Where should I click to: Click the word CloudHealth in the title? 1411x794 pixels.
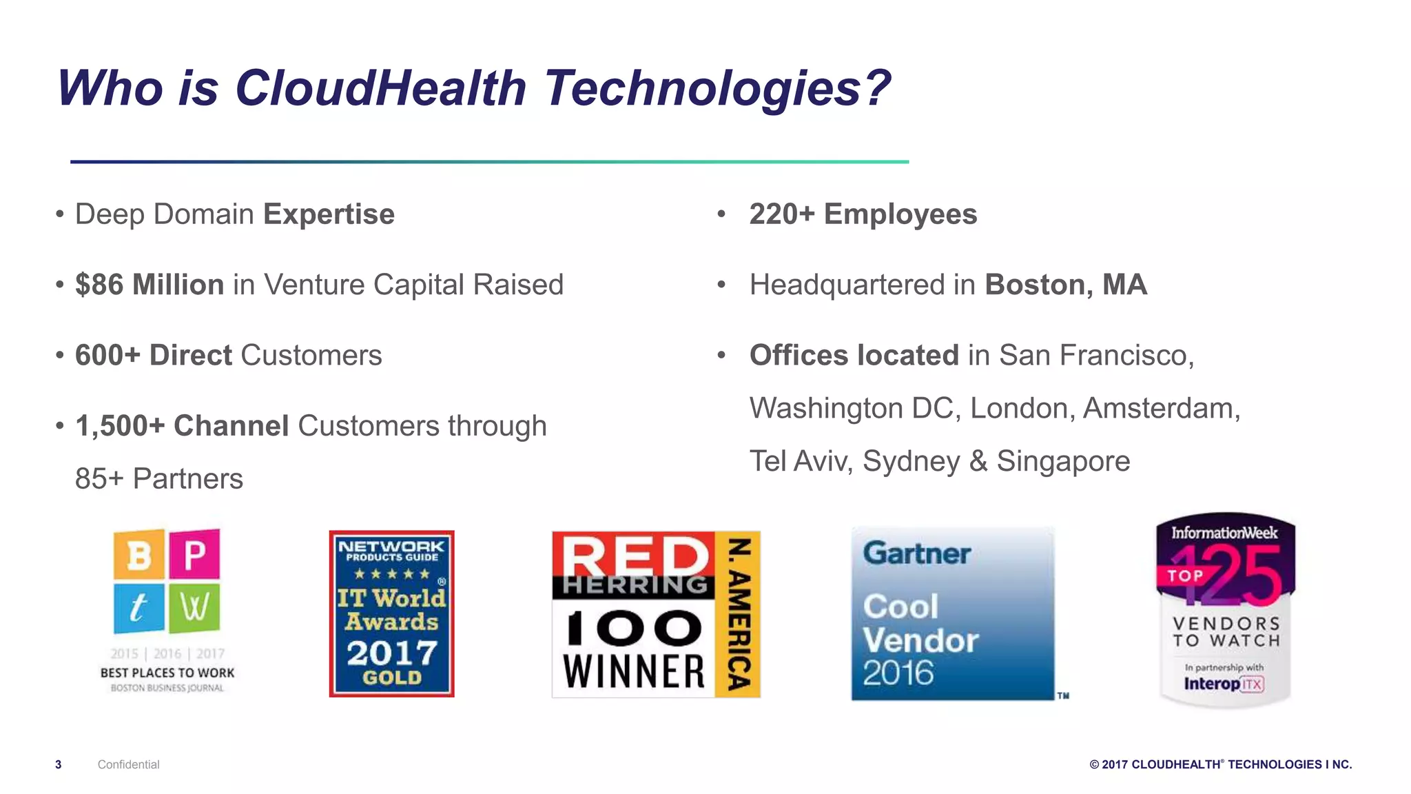[380, 88]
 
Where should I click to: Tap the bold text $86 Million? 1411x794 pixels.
[150, 285]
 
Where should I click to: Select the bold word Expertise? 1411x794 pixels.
[329, 214]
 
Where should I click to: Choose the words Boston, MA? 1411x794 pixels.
[1066, 285]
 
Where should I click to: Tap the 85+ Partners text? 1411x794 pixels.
[159, 478]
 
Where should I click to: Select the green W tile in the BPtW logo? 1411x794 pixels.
[194, 608]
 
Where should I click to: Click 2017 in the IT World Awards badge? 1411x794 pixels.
[392, 652]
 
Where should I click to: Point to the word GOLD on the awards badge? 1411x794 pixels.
[392, 678]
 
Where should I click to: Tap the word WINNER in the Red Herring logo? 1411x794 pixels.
[634, 671]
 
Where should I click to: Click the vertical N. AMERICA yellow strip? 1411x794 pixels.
[738, 613]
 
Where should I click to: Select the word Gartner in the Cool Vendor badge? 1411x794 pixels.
[916, 553]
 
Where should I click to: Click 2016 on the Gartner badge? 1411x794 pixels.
[898, 673]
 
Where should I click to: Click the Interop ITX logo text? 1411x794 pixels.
[1223, 684]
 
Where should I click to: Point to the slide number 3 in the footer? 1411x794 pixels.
[59, 764]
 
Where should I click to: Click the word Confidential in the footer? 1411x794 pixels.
[128, 764]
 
